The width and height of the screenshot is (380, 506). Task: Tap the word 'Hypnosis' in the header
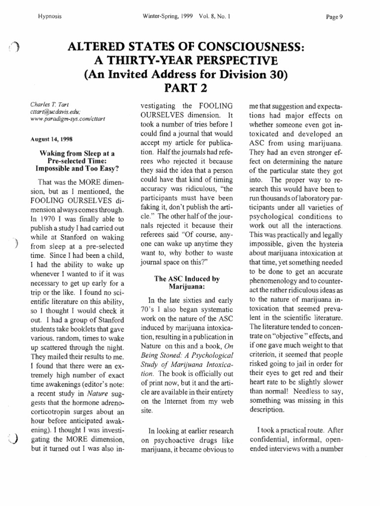(x=50, y=16)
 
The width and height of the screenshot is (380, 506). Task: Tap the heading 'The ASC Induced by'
(x=187, y=279)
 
